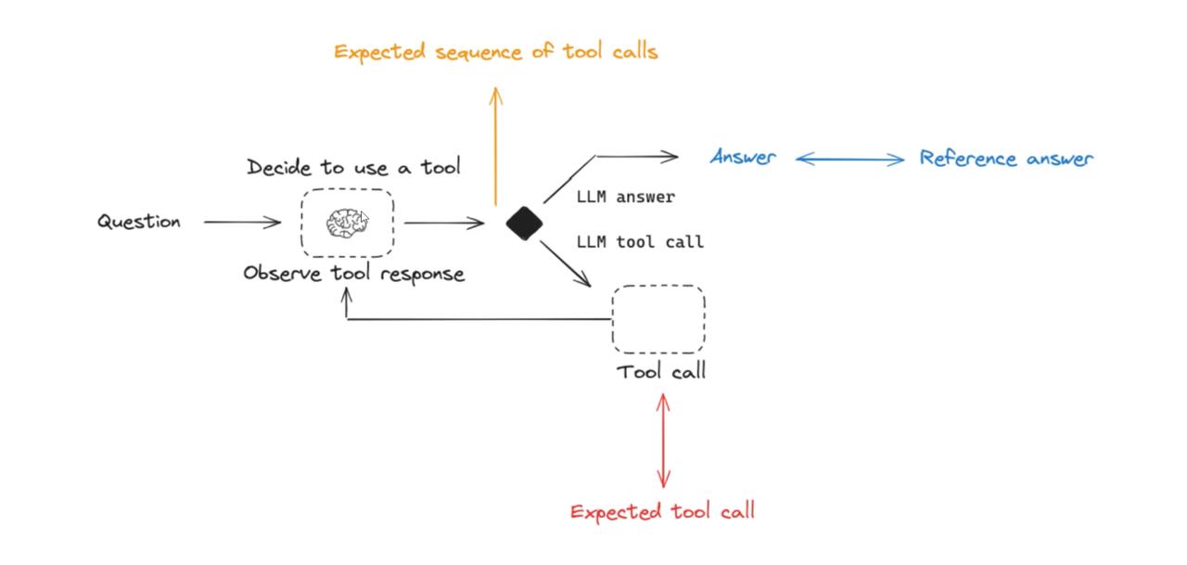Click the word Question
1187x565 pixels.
point(139,223)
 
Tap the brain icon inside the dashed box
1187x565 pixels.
point(346,224)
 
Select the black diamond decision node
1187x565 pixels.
point(524,224)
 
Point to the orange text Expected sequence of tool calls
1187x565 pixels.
point(496,52)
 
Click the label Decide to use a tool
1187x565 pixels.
point(353,168)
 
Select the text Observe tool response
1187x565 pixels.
point(353,274)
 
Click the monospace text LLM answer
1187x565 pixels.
point(625,197)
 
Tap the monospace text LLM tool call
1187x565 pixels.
point(640,242)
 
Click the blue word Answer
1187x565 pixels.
point(743,158)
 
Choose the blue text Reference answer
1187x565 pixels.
point(1006,159)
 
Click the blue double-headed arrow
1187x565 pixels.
point(849,160)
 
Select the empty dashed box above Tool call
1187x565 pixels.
point(658,319)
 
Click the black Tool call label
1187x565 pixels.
point(662,372)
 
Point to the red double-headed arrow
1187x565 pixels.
point(663,441)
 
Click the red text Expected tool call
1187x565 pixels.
point(662,511)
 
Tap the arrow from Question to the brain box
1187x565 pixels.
point(242,223)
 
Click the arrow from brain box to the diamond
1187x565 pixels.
point(444,223)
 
